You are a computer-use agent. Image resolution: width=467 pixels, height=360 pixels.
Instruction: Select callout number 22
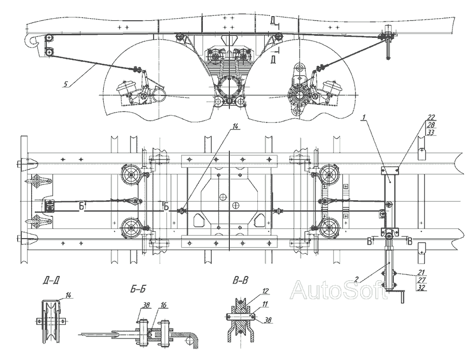(431, 117)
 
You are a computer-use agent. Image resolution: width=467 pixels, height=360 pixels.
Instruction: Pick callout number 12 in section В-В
(266, 292)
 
